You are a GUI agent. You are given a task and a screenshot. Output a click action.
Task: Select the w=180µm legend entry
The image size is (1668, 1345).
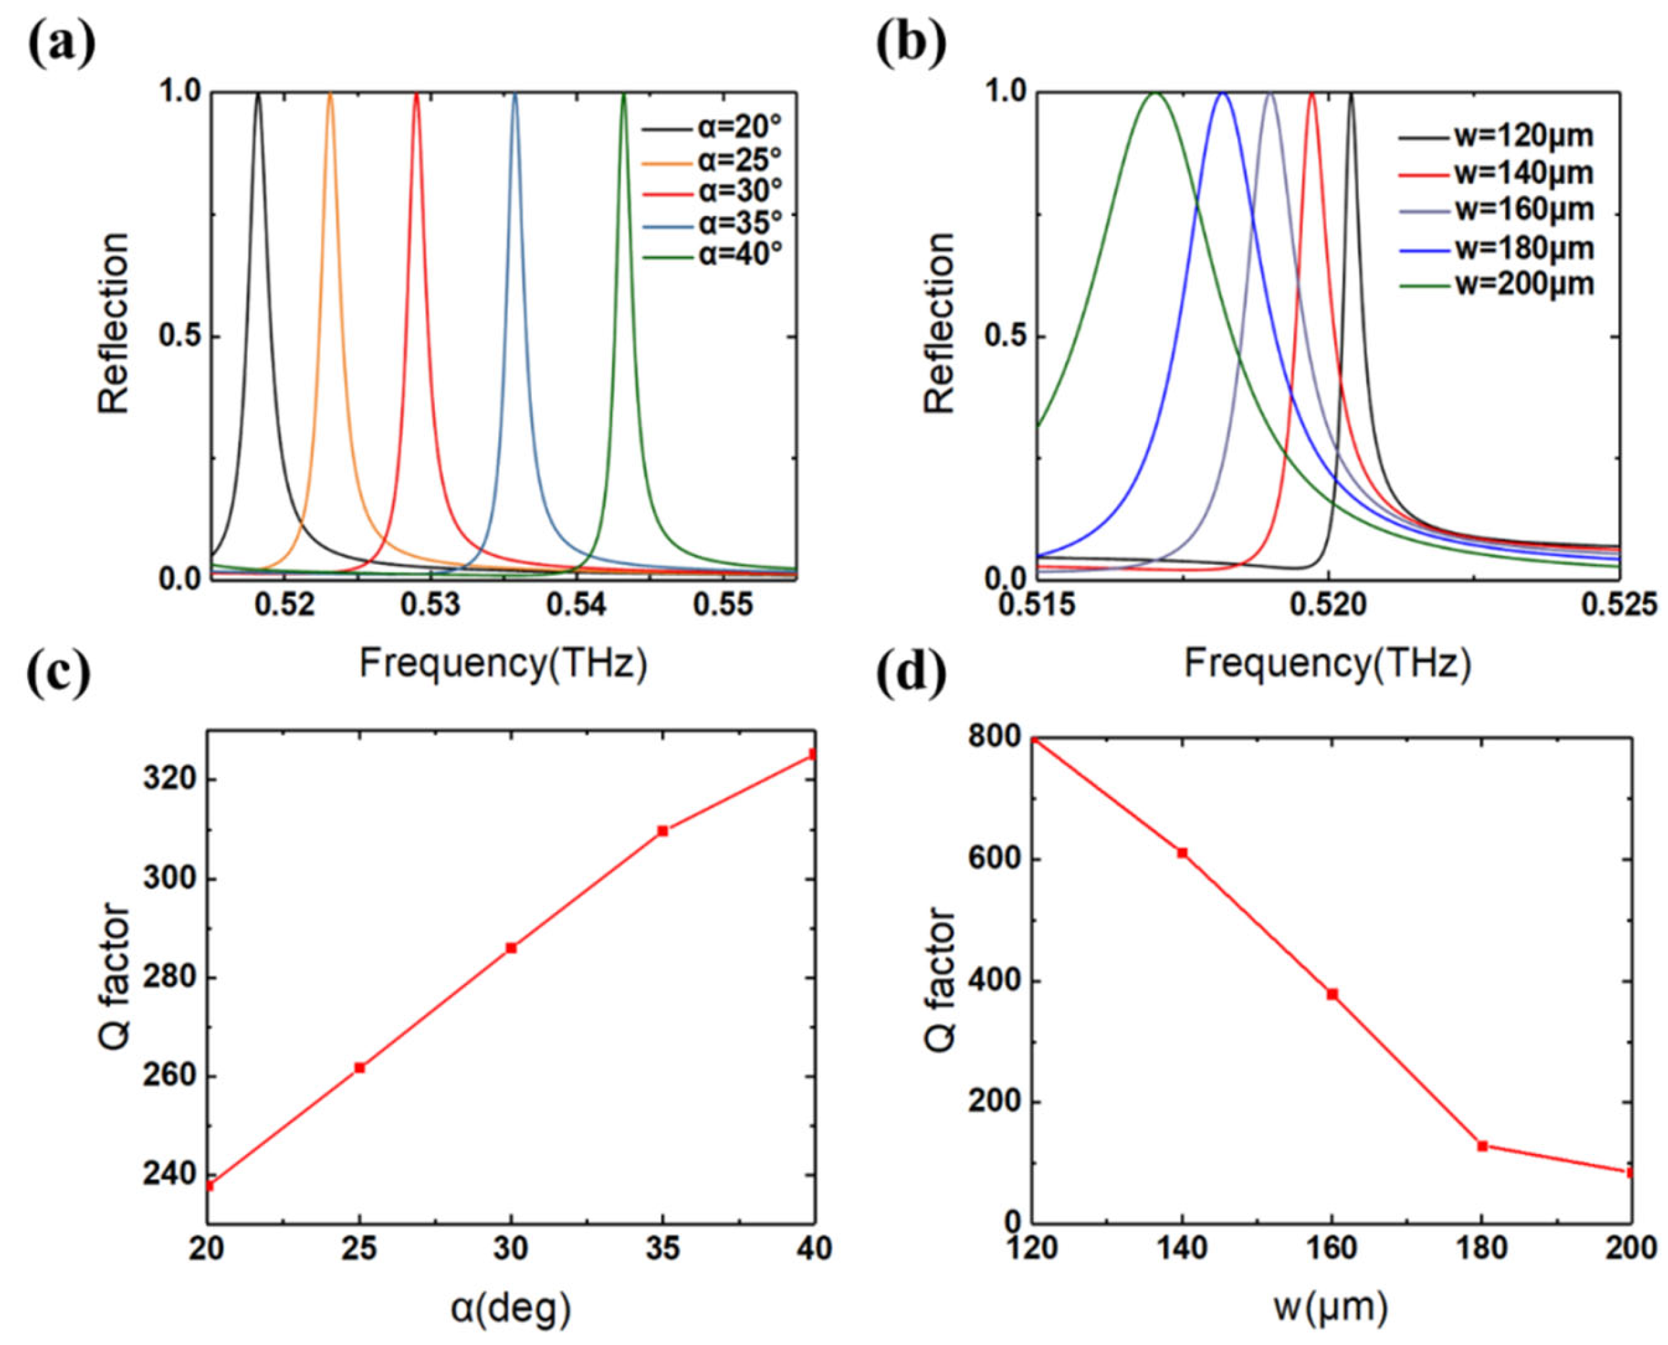(x=1496, y=248)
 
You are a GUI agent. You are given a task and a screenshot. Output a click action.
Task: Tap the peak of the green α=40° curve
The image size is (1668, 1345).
(x=623, y=94)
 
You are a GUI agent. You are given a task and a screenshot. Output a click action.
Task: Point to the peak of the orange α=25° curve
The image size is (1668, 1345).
(x=331, y=94)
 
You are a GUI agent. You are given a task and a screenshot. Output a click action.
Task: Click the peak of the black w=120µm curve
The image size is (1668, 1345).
(x=1351, y=94)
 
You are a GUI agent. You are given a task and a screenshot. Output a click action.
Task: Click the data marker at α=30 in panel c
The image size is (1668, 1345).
(x=511, y=948)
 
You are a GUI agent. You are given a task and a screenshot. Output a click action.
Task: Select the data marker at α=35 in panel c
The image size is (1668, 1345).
(x=662, y=830)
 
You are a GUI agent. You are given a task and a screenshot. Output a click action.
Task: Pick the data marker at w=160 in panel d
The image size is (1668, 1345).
(x=1333, y=994)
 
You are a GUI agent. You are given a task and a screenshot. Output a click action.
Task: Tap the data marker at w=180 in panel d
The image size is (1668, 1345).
(x=1482, y=1146)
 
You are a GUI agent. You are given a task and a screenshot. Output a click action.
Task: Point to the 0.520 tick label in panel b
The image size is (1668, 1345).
(x=1328, y=605)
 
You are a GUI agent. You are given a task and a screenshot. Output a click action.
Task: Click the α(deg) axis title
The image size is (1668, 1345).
(x=511, y=1309)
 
